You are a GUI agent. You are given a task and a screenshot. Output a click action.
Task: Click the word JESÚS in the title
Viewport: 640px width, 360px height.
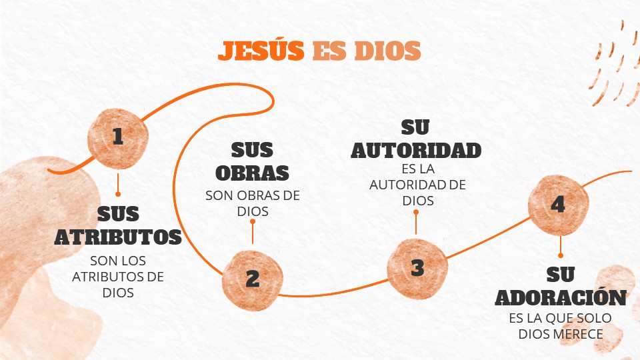click(x=262, y=51)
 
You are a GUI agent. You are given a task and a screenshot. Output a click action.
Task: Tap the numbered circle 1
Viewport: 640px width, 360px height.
click(x=118, y=137)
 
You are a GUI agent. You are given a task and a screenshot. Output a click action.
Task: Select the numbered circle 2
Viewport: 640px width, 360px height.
click(x=252, y=278)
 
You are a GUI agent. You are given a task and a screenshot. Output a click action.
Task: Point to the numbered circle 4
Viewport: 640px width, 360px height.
click(x=558, y=205)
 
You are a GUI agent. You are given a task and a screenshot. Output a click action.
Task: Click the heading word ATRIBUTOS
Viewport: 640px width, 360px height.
click(x=118, y=237)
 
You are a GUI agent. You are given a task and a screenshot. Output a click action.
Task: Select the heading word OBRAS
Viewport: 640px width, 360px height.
click(x=252, y=172)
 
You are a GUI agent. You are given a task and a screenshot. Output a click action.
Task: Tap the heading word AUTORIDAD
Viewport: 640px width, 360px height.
click(x=417, y=150)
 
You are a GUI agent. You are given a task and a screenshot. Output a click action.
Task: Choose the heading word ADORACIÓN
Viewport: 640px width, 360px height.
click(x=561, y=297)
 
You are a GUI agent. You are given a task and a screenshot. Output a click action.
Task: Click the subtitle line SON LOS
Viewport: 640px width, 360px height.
click(x=118, y=261)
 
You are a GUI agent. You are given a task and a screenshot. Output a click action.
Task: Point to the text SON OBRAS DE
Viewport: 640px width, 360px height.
click(x=253, y=196)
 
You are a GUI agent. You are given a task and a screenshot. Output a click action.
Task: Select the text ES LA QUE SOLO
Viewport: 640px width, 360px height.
click(x=560, y=319)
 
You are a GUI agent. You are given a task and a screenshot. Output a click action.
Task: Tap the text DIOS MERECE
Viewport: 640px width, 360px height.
click(x=560, y=333)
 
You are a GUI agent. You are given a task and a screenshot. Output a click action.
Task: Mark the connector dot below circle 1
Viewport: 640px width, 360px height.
click(x=118, y=194)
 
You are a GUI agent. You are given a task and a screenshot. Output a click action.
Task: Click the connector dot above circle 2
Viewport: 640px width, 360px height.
click(x=252, y=222)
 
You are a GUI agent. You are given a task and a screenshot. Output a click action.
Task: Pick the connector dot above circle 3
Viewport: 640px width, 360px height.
click(x=416, y=212)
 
